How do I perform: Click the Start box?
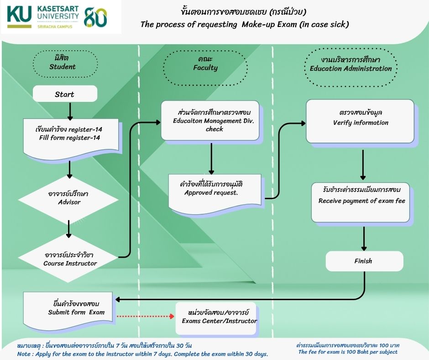click(65, 94)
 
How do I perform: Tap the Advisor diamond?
click(68, 199)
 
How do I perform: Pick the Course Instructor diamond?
click(68, 259)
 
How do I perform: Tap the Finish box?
click(365, 261)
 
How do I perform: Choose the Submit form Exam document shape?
click(68, 310)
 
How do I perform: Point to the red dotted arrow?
click(145, 317)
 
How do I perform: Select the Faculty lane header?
click(205, 68)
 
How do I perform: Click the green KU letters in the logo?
click(19, 14)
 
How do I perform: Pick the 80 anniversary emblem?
click(95, 17)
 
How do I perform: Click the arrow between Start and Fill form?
click(70, 111)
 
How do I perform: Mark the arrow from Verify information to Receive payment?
click(363, 164)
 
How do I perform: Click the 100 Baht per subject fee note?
click(348, 349)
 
